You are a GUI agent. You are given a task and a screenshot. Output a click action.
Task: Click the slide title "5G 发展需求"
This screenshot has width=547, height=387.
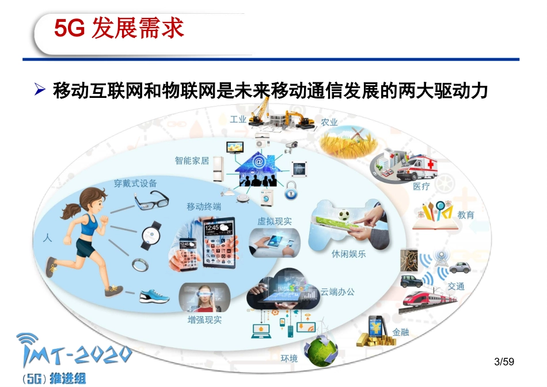(119, 28)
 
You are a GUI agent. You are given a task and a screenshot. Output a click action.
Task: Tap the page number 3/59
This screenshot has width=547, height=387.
(504, 362)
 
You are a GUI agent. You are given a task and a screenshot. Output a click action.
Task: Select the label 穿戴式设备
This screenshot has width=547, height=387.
(135, 183)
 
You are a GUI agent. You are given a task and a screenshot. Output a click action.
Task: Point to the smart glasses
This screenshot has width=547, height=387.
(152, 202)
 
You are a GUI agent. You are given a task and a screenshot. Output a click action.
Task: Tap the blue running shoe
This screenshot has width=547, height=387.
(154, 297)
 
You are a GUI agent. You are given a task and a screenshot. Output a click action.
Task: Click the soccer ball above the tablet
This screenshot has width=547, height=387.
(344, 216)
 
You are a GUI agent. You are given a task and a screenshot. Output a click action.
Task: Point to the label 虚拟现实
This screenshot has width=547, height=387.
(274, 221)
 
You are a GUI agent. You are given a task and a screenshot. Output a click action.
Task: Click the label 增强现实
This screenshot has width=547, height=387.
(204, 320)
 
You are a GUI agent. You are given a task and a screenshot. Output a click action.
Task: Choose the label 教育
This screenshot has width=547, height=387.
(466, 215)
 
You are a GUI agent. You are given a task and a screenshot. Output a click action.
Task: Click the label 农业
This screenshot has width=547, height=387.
(329, 122)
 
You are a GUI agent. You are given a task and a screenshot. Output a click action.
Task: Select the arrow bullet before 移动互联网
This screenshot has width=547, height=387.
(40, 90)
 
